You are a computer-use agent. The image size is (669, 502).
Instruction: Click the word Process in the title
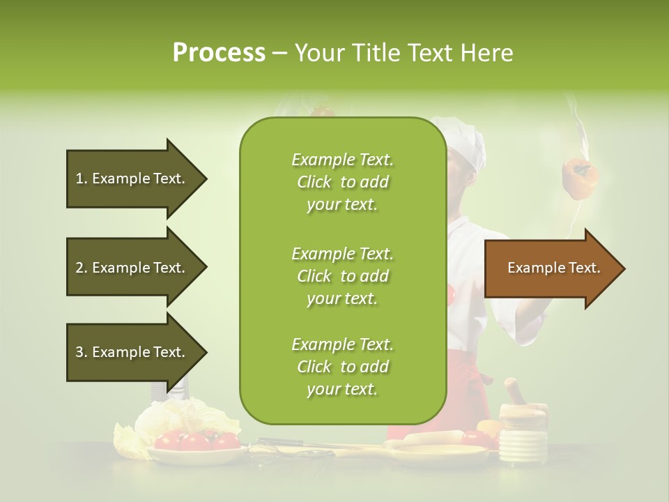(x=219, y=53)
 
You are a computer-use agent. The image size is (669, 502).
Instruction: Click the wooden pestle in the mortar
(x=516, y=391)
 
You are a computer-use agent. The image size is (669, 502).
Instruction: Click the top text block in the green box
(x=342, y=182)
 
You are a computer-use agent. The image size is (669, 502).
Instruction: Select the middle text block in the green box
(x=342, y=276)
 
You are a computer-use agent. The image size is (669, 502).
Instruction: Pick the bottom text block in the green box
(x=342, y=367)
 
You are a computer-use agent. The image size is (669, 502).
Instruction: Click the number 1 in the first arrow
(x=79, y=178)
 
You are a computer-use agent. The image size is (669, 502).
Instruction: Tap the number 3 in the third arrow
(x=79, y=352)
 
